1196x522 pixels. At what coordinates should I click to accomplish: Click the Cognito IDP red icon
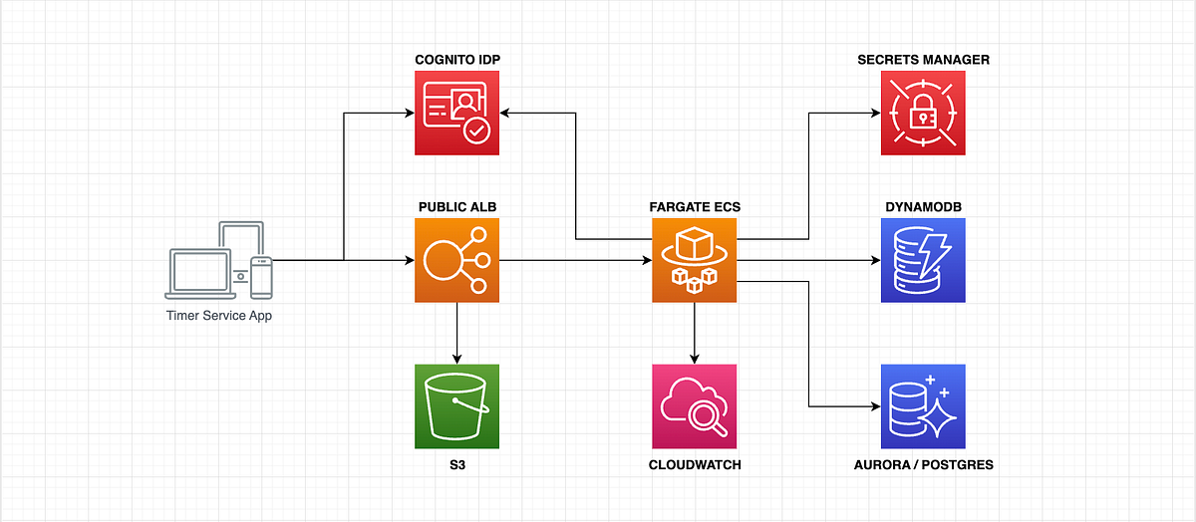coord(457,114)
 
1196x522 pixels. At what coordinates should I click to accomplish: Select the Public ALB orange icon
coord(457,260)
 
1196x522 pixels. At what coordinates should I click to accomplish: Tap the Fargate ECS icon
coord(694,260)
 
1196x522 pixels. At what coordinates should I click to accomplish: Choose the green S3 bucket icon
coord(457,406)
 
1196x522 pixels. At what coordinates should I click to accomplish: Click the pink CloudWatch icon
coord(694,406)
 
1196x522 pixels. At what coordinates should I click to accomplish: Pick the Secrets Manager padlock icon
coord(923,114)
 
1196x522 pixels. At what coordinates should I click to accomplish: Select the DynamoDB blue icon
coord(923,260)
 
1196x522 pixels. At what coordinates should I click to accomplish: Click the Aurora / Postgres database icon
coord(923,406)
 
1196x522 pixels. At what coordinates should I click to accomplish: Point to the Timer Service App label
coord(219,316)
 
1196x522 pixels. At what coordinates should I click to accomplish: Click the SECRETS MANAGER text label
coord(923,60)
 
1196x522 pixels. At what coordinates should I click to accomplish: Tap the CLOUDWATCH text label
coord(695,465)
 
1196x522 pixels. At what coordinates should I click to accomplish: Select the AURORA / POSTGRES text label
coord(923,465)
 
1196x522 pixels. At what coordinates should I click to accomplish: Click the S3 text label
coord(457,465)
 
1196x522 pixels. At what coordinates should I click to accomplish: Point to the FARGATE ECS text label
coord(695,207)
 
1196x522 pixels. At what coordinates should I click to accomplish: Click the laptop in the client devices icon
coord(200,273)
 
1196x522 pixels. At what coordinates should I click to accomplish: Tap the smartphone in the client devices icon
coord(261,278)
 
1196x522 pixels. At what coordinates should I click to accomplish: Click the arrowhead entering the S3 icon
coord(457,360)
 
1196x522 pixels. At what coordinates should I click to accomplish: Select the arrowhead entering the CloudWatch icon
coord(694,360)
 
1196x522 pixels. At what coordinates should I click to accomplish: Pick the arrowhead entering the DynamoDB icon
coord(876,260)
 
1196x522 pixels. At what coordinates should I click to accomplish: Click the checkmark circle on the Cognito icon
coord(476,131)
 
